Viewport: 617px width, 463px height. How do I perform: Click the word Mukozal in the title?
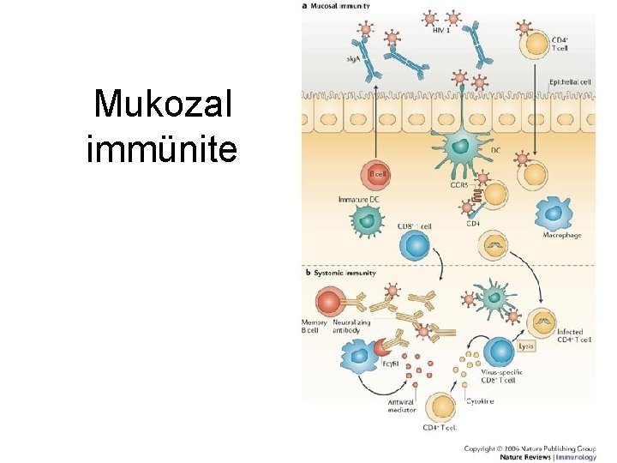[x=162, y=105]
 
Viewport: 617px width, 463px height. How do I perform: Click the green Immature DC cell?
[x=368, y=220]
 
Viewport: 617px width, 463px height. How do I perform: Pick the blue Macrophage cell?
[x=554, y=213]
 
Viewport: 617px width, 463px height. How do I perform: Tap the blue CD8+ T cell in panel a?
[x=415, y=247]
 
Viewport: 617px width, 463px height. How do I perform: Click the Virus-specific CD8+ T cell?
[x=499, y=352]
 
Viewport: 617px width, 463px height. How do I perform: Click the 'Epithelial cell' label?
[x=568, y=82]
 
